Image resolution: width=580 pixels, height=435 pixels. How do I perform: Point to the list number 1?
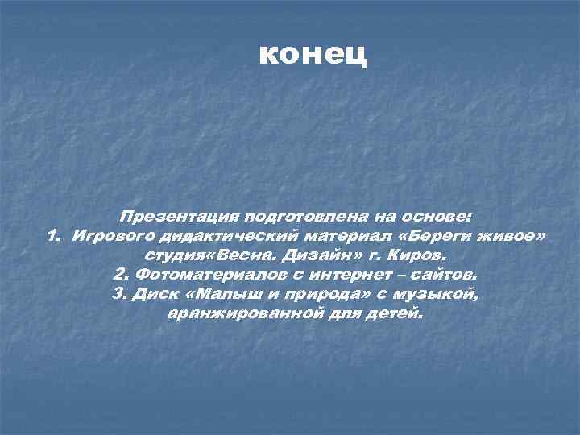click(52, 236)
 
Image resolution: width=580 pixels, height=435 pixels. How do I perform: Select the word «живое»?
click(513, 236)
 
